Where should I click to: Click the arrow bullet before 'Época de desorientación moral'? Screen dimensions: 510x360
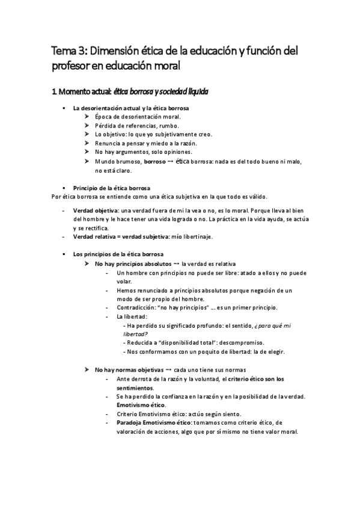click(x=88, y=117)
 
